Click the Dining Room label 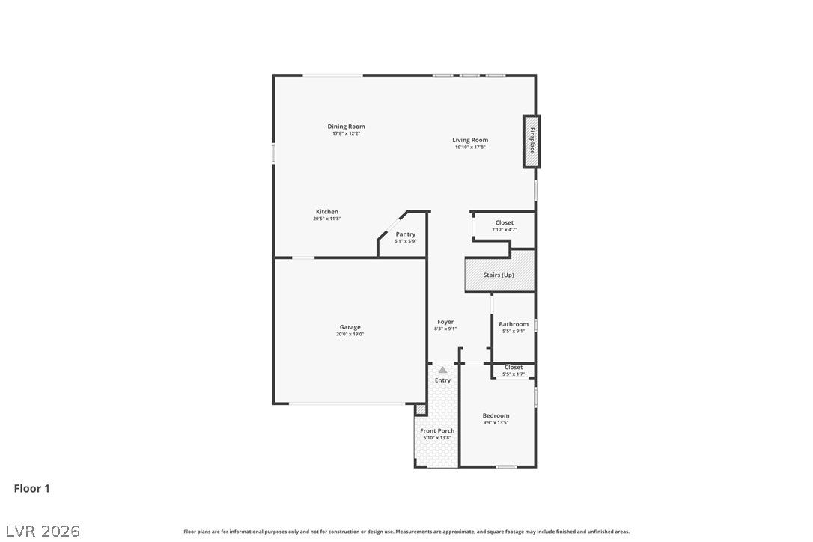click(x=346, y=126)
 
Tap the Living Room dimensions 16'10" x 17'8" click(x=469, y=147)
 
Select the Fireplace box click(x=532, y=141)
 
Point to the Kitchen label click(x=326, y=212)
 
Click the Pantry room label click(x=406, y=234)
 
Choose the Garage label click(x=350, y=327)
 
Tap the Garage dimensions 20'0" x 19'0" click(x=350, y=334)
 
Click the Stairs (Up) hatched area click(x=499, y=275)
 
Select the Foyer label click(x=445, y=322)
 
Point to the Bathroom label click(x=514, y=324)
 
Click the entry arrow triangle click(x=442, y=370)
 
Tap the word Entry click(x=442, y=380)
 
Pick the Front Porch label click(x=437, y=430)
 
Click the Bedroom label click(x=496, y=415)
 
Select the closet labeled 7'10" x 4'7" click(x=505, y=225)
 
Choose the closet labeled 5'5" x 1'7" click(x=514, y=371)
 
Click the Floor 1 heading click(x=31, y=488)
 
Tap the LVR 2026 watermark click(x=43, y=531)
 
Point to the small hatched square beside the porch click(x=421, y=409)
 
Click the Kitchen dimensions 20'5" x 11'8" click(x=326, y=219)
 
